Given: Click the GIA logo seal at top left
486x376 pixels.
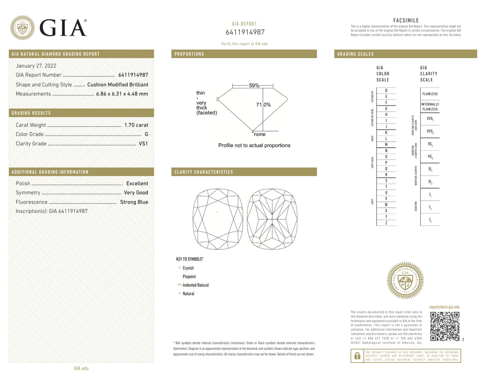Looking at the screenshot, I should pos(22,28).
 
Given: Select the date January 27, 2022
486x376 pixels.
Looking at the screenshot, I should pos(36,66).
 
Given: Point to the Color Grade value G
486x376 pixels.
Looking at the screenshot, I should pos(146,134).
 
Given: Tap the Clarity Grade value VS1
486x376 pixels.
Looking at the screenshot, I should pos(143,144).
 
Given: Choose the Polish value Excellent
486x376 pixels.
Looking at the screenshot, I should pos(137,183).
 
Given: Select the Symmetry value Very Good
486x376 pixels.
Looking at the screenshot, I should pos(136,193).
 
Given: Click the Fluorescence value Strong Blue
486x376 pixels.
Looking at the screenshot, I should pos(134,202).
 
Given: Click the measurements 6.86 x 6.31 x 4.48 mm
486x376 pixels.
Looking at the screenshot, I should pos(122,94).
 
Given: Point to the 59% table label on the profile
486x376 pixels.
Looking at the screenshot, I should pos(254,86).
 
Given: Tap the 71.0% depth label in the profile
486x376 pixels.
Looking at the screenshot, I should pos(263,105).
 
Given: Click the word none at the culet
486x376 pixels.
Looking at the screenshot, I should pos(260,134).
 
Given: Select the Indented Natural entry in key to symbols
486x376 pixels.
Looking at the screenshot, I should pos(195,285).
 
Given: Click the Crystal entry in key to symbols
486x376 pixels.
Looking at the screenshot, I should pos(188,268).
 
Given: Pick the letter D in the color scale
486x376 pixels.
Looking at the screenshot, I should pos(386,90).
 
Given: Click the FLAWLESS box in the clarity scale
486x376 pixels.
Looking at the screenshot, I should pos(430,94).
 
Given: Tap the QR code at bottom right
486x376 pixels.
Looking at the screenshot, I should pos(444,327).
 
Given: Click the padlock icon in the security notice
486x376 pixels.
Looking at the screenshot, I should pos(357,356).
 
